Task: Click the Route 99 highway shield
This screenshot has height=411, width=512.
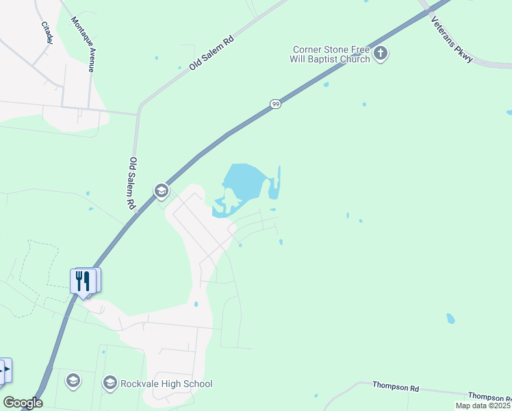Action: point(274,103)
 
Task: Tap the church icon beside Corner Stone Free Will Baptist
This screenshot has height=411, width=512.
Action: point(381,53)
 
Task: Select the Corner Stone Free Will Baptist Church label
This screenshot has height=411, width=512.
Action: point(331,54)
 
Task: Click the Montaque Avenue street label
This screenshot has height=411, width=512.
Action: point(83,44)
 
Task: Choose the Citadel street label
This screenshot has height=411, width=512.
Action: point(47,33)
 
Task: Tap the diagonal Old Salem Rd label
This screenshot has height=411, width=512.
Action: point(212,52)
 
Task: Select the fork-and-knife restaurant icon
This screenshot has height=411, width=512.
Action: point(83,281)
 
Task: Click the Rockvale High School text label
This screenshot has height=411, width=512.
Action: point(166,384)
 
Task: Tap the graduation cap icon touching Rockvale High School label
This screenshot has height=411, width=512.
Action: point(110,383)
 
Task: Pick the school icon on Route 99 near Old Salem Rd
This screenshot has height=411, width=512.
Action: point(162,190)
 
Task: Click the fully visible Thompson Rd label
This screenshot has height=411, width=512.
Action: point(395,387)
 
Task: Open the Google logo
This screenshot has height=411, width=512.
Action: point(22,403)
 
